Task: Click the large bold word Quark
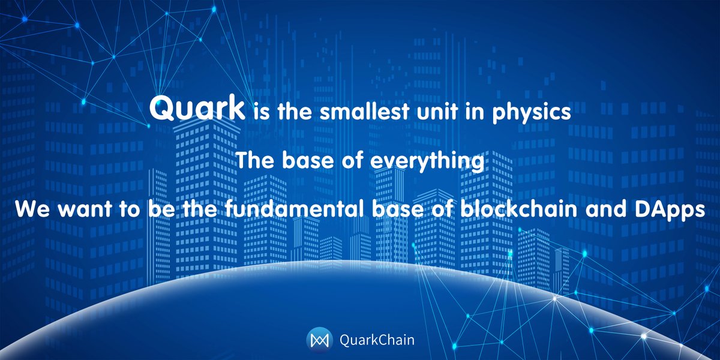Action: point(197,110)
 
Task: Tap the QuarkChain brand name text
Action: point(372,340)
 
